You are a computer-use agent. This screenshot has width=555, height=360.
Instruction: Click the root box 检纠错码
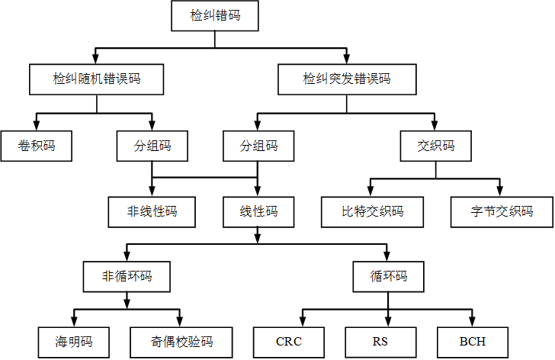[x=214, y=15]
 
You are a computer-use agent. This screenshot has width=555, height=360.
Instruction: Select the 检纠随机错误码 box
[x=96, y=79]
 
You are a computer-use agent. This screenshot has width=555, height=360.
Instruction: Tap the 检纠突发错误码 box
[x=346, y=79]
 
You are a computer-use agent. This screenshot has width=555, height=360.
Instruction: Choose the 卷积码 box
[x=37, y=146]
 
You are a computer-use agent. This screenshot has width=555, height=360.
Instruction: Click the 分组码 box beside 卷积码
[x=152, y=146]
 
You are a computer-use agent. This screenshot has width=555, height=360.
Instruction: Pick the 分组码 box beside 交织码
[x=258, y=146]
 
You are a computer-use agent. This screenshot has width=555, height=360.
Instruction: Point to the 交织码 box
[x=436, y=146]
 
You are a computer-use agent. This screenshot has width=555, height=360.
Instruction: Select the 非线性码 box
[x=152, y=211]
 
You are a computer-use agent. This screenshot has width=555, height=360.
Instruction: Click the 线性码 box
[x=258, y=211]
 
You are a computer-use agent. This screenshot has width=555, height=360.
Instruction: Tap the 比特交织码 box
[x=372, y=211]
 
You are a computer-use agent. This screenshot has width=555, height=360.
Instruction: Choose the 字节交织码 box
[x=501, y=211]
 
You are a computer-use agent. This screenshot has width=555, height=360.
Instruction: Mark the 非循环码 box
[x=126, y=276]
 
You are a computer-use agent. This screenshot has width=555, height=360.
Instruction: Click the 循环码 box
[x=389, y=276]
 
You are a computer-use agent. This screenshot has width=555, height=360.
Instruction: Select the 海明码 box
[x=73, y=341]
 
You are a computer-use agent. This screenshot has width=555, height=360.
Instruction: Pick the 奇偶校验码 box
[x=181, y=341]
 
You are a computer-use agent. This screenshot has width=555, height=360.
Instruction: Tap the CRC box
[x=289, y=341]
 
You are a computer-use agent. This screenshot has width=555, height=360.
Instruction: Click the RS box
[x=380, y=341]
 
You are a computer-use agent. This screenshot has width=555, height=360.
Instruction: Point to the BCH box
[x=472, y=341]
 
